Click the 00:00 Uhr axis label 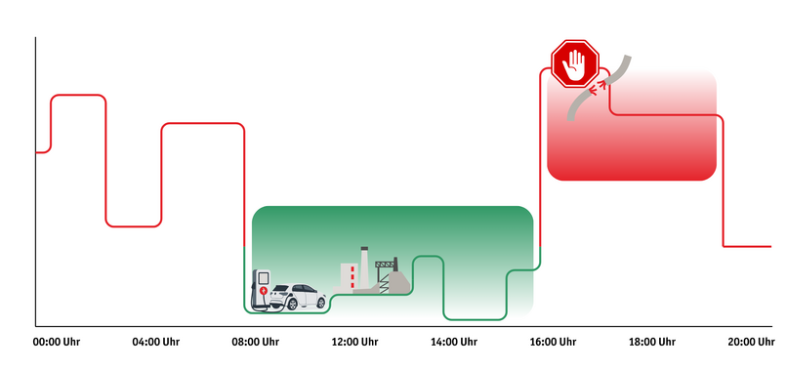[x=56, y=342]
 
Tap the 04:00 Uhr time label [x=156, y=342]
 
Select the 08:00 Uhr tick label [x=256, y=342]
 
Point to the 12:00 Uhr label [x=354, y=342]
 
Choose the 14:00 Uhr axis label [x=454, y=342]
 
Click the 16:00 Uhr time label [x=553, y=342]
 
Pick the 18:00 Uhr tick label [x=652, y=342]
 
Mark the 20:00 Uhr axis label [x=752, y=342]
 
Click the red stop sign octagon [x=574, y=64]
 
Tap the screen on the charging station [x=262, y=277]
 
